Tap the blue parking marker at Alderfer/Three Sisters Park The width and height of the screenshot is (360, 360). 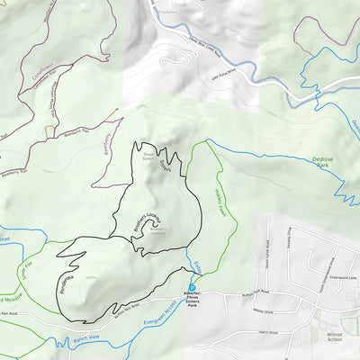coord(192,288)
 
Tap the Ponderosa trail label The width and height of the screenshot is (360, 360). coord(67,286)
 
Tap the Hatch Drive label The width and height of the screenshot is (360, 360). coord(268,332)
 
